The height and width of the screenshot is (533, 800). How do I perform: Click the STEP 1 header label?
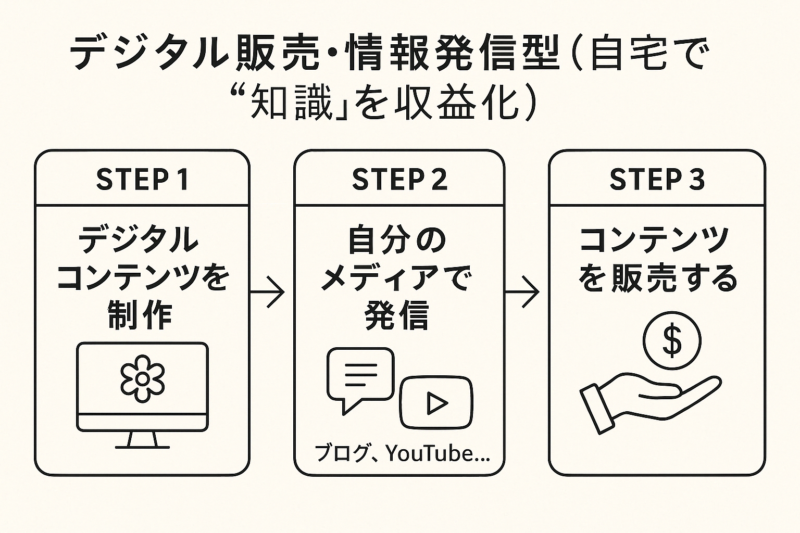click(x=142, y=180)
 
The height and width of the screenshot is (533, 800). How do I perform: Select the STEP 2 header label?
click(x=399, y=180)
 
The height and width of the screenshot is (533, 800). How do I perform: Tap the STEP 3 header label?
click(x=657, y=180)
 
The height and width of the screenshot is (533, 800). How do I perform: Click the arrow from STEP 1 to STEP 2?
click(x=267, y=292)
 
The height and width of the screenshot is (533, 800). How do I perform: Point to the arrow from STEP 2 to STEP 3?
click(x=522, y=292)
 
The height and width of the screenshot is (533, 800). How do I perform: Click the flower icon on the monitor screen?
click(x=143, y=379)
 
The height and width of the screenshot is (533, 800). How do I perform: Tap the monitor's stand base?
click(x=143, y=447)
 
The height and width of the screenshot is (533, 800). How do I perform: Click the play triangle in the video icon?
click(x=437, y=403)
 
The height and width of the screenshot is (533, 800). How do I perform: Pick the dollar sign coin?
click(x=672, y=340)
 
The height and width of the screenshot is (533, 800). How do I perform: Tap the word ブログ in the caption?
click(x=342, y=454)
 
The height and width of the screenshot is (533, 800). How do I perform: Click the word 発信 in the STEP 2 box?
click(x=396, y=315)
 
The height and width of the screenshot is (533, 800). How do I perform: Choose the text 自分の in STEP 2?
click(x=397, y=240)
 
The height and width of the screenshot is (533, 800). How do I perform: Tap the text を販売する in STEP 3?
click(x=658, y=278)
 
